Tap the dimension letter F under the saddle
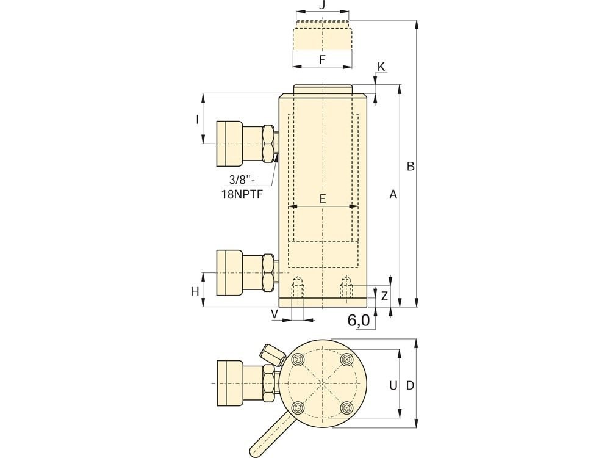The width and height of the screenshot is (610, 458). [322, 60]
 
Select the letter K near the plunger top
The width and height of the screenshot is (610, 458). [381, 67]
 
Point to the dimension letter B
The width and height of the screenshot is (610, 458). [411, 166]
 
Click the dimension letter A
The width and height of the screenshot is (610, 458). [393, 194]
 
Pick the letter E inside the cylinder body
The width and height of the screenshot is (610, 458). [323, 199]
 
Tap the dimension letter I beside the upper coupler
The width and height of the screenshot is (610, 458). [197, 119]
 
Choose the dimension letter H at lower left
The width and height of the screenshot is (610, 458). [195, 291]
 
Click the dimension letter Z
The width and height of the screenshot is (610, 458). [384, 296]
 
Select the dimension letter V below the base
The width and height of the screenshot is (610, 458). [274, 314]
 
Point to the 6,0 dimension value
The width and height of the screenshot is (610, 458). [359, 321]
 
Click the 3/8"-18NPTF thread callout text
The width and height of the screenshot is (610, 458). [242, 186]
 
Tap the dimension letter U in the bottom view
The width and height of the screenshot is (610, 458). [393, 385]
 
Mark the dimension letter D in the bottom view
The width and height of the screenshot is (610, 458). [410, 385]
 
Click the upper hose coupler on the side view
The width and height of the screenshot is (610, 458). [247, 144]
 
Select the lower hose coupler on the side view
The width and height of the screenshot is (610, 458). [247, 272]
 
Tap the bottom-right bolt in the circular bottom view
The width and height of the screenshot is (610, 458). [346, 408]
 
